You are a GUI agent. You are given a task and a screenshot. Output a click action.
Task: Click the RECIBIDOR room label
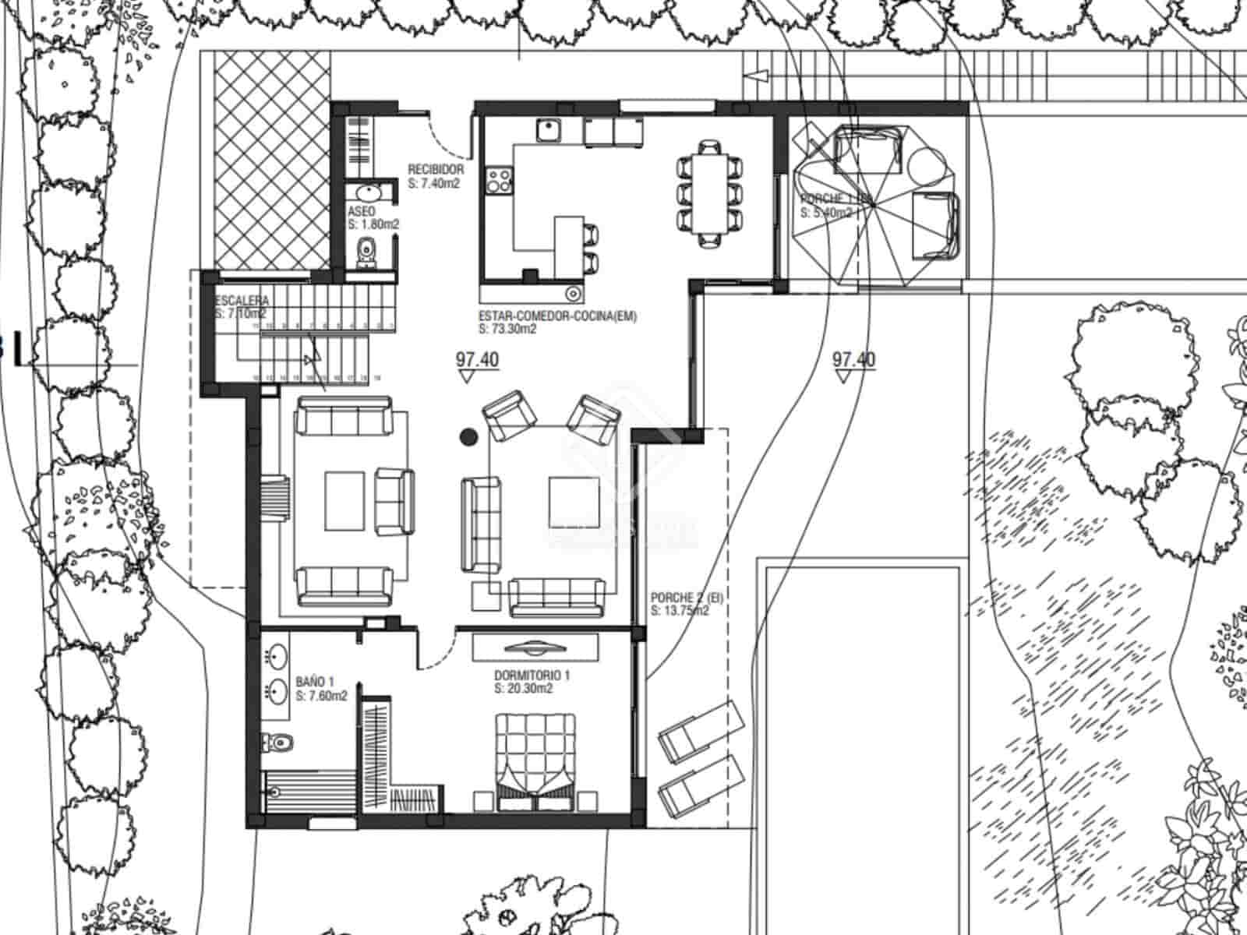436,169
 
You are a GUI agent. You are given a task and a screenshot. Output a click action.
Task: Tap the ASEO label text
361,212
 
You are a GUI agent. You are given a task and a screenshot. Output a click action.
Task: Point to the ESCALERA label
242,301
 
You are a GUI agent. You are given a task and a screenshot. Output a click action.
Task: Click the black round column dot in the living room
468,437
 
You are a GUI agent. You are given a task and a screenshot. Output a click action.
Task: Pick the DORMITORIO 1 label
532,676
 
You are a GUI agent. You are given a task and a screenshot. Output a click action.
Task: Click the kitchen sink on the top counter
549,130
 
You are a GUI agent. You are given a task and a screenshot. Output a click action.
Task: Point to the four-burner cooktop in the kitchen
499,182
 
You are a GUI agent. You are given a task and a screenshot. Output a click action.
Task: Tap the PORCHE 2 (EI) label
687,598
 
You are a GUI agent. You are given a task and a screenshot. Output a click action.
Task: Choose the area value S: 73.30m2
508,329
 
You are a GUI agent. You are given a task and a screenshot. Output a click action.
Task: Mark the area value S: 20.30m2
524,689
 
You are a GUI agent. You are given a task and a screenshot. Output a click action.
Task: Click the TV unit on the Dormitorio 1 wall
535,647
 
